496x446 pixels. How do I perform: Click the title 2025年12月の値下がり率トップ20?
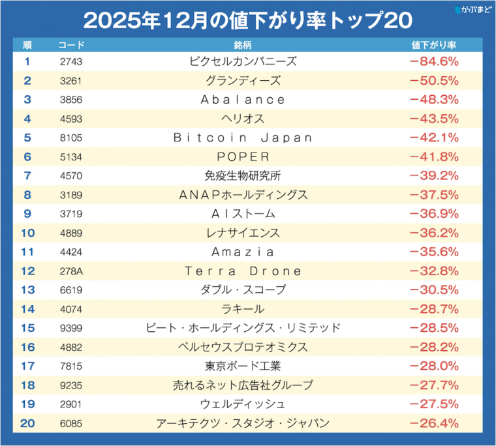[248, 20]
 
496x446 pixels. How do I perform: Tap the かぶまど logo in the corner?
[472, 10]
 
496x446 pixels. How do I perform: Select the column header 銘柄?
[243, 46]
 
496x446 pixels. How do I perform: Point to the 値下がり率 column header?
[434, 46]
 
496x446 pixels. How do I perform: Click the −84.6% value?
[434, 62]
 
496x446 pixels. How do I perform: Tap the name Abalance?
[243, 100]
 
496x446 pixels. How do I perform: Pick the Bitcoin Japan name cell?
[243, 138]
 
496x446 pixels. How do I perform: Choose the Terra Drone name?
[243, 271]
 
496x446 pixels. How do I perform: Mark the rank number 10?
[27, 233]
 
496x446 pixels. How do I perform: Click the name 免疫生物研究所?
[243, 175]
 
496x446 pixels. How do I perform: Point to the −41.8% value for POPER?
[434, 156]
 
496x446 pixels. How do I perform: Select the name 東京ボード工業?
[243, 366]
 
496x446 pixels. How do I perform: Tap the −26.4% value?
[434, 423]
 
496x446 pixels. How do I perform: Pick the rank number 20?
[27, 423]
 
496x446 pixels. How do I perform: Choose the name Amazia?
[243, 252]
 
